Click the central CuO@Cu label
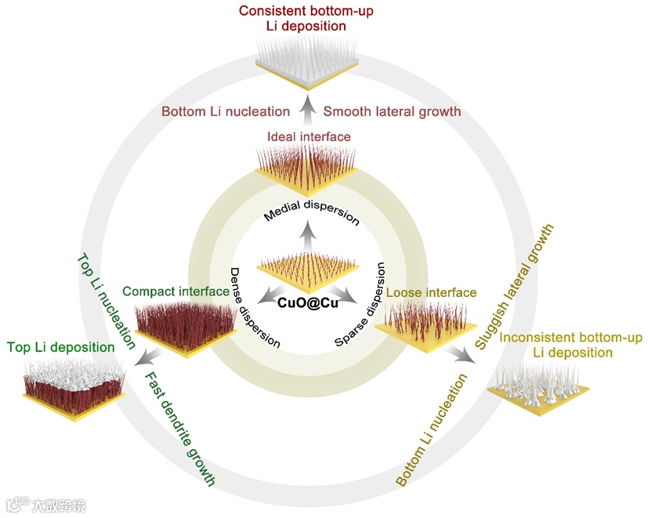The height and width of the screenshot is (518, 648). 309,302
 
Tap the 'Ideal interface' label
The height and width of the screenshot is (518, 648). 309,137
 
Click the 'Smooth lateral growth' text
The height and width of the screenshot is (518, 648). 392,111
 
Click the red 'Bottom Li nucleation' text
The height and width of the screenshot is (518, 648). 226,111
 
